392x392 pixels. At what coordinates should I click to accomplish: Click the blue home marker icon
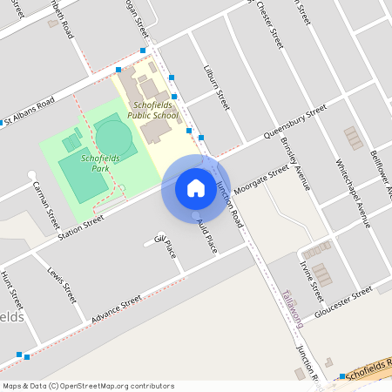pyautogui.click(x=195, y=188)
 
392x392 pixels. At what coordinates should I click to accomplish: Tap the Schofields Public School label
pyautogui.click(x=152, y=110)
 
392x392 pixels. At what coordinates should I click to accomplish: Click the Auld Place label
pyautogui.click(x=206, y=235)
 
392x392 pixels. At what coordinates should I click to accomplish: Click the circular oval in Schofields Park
pyautogui.click(x=112, y=137)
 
